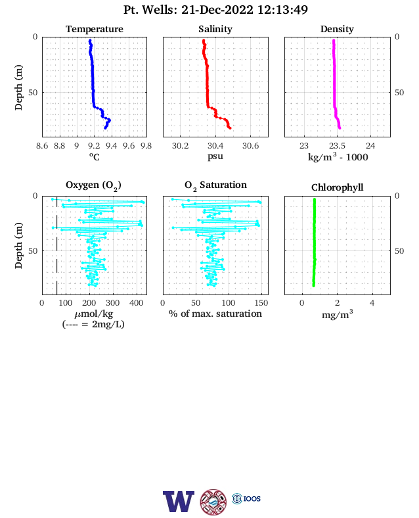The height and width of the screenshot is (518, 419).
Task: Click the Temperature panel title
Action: click(x=95, y=29)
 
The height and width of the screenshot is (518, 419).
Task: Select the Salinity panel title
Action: click(x=215, y=29)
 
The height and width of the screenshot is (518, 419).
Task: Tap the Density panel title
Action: click(x=337, y=29)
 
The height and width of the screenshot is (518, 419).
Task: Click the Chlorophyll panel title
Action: click(x=337, y=187)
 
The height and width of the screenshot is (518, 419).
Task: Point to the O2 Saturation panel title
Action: click(x=215, y=185)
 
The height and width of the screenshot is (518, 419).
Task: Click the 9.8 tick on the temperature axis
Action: click(x=146, y=146)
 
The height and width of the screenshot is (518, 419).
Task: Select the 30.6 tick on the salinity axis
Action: click(x=251, y=146)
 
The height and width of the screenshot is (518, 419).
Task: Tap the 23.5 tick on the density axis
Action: click(x=337, y=146)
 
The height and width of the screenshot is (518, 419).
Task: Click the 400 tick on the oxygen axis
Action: click(x=136, y=303)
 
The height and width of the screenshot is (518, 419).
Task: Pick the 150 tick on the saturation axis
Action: click(x=261, y=303)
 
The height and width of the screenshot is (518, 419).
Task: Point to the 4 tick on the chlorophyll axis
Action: click(x=372, y=303)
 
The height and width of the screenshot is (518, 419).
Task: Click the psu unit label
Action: click(x=215, y=156)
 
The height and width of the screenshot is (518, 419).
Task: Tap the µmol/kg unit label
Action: click(x=94, y=314)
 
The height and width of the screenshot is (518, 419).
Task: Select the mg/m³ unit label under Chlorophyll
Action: click(x=337, y=314)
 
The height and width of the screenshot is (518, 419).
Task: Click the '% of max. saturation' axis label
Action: click(x=215, y=314)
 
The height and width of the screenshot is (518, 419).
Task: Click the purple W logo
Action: click(x=179, y=502)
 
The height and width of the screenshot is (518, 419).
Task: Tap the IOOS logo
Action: click(x=246, y=498)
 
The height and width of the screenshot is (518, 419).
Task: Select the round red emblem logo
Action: click(x=213, y=502)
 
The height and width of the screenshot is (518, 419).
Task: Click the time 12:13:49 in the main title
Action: click(x=282, y=10)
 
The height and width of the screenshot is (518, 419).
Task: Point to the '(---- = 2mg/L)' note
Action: click(x=93, y=324)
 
